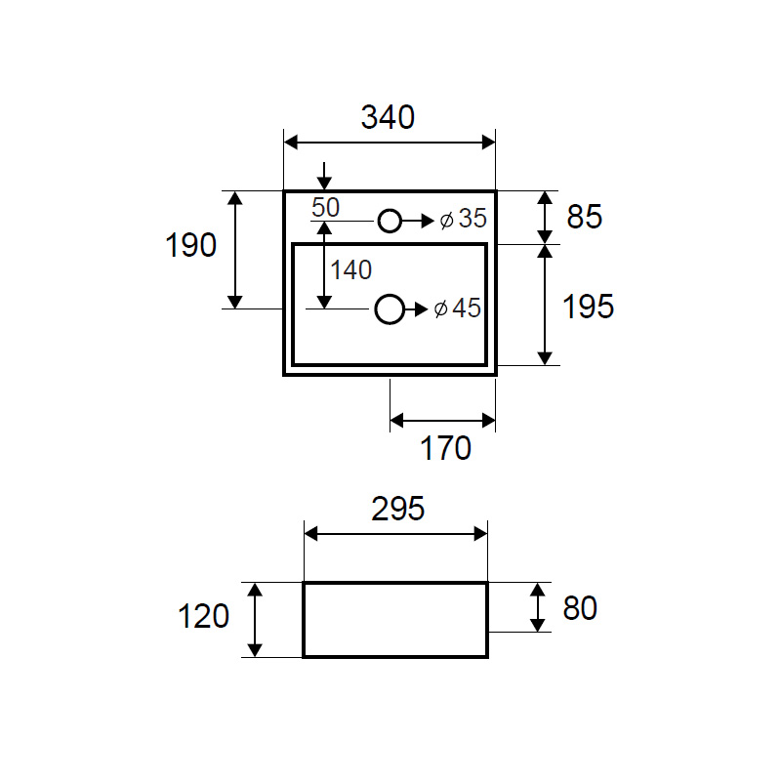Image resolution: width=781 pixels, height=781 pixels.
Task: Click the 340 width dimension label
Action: pyautogui.click(x=388, y=117)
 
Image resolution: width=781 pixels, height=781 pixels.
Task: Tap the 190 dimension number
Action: pyautogui.click(x=190, y=245)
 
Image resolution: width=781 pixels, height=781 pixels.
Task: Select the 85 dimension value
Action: pyautogui.click(x=584, y=217)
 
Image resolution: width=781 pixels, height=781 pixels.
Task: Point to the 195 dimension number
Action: pyautogui.click(x=589, y=306)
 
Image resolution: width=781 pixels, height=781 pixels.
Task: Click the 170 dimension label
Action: pyautogui.click(x=445, y=448)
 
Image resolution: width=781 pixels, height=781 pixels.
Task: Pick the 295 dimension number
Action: pyautogui.click(x=398, y=509)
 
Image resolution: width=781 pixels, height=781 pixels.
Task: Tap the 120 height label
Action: pyautogui.click(x=203, y=616)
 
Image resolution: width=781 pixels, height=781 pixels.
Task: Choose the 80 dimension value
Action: pyautogui.click(x=580, y=608)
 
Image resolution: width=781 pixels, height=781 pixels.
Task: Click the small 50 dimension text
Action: pyautogui.click(x=326, y=207)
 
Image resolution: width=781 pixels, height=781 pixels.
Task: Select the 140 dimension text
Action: pyautogui.click(x=351, y=270)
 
